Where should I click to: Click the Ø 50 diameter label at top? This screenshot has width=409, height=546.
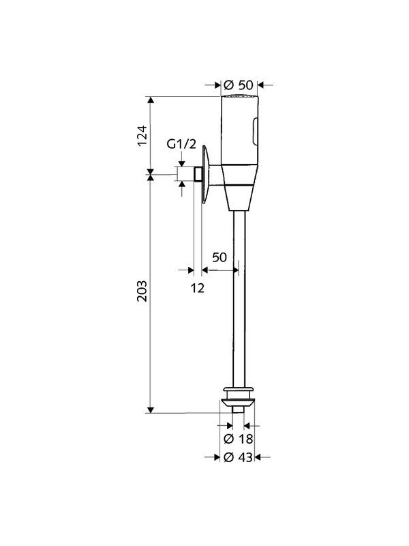coord(238,85)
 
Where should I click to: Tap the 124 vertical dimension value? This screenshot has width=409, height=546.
coord(142,136)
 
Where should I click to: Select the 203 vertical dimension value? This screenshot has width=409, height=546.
coord(142,291)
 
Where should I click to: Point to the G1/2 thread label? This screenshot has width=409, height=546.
coord(181,144)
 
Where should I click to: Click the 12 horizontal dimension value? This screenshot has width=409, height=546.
coord(197,288)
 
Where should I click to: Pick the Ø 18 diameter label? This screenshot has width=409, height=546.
coord(238,439)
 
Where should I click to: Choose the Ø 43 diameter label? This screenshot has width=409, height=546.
coord(238,457)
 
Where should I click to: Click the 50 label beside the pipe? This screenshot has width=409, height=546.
coord(219,257)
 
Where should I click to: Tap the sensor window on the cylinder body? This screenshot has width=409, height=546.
coord(256,132)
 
